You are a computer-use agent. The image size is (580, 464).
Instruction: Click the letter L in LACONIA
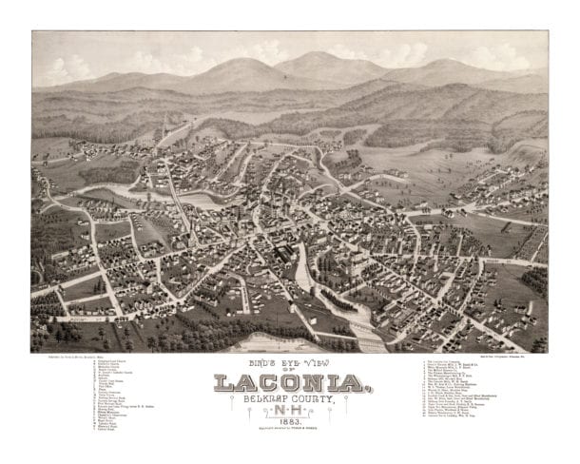tap(223, 384)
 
